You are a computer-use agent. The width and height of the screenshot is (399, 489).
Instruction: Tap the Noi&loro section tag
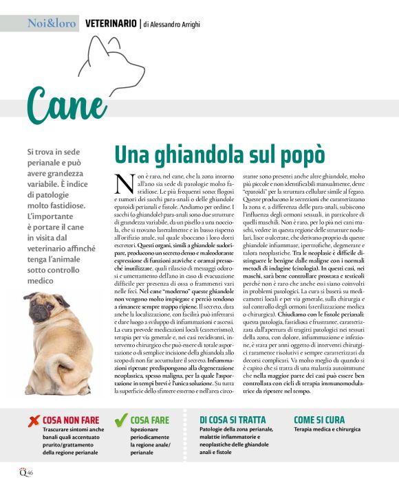pyautogui.click(x=52, y=23)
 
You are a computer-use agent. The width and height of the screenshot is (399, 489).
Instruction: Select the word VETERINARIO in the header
pyautogui.click(x=110, y=23)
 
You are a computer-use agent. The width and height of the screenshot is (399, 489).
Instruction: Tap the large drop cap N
pyautogui.click(x=124, y=183)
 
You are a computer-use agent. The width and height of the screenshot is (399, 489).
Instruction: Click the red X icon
pyautogui.click(x=33, y=420)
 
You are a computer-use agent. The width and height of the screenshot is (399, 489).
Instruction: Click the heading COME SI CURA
pyautogui.click(x=319, y=419)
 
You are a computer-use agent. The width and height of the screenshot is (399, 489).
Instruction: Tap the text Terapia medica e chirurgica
pyautogui.click(x=327, y=429)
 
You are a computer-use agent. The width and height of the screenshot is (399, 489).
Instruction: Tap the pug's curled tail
pyautogui.click(x=93, y=323)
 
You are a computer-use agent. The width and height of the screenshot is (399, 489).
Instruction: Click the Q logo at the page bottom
pyautogui.click(x=21, y=472)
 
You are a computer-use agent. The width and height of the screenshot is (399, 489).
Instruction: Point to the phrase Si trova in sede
pyautogui.click(x=56, y=151)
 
